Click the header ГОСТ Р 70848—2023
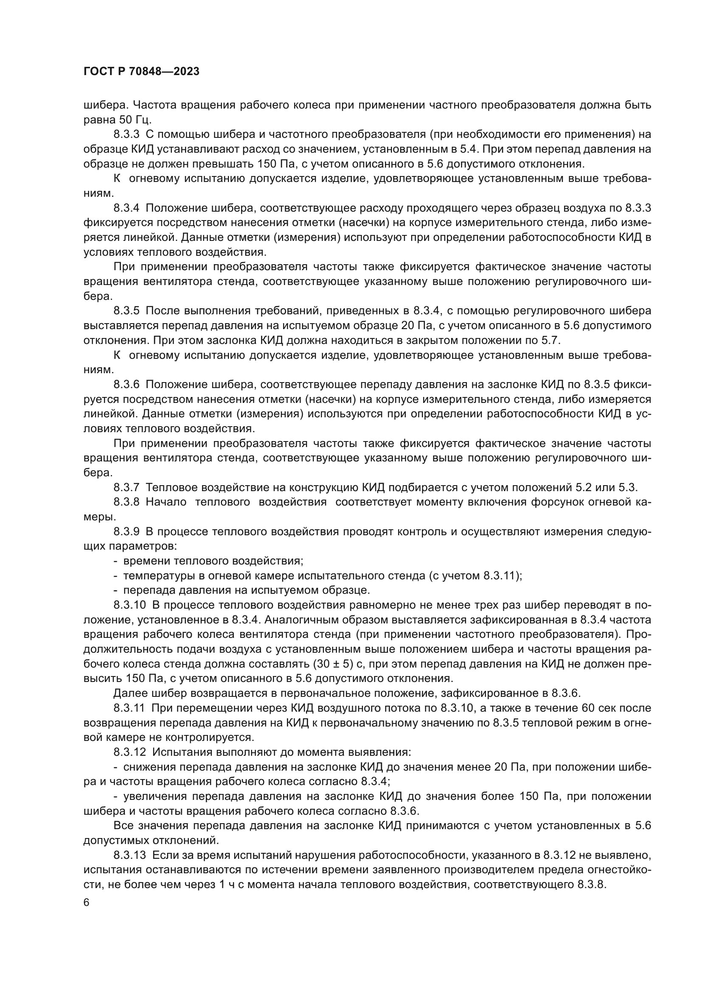[x=141, y=72]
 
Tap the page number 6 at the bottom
[x=87, y=903]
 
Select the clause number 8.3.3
[x=126, y=134]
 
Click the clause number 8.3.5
[x=126, y=310]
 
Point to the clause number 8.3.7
[x=126, y=487]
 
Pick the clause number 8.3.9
[x=126, y=531]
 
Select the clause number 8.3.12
[x=130, y=752]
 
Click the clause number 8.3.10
[x=130, y=605]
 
